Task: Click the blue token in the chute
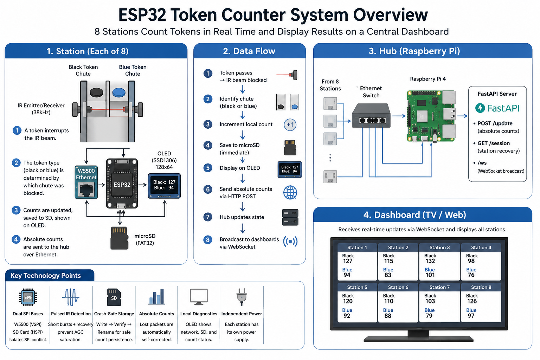point(119,92)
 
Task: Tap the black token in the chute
point(96,92)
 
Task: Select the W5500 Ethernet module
point(86,182)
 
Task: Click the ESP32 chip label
point(122,185)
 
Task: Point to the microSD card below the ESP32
point(119,238)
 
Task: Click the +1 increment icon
point(290,125)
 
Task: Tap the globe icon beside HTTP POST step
point(290,192)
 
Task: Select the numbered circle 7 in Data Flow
point(208,217)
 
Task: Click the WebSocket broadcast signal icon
point(290,242)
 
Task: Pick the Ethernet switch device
point(371,116)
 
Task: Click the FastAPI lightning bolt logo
point(480,108)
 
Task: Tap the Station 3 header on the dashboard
point(439,247)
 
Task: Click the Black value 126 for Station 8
point(472,301)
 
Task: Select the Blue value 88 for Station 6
point(388,316)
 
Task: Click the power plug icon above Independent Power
point(242,297)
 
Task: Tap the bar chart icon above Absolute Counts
point(156,297)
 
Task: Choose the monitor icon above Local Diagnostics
point(199,297)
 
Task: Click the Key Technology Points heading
point(46,276)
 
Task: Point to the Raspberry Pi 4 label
point(427,79)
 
